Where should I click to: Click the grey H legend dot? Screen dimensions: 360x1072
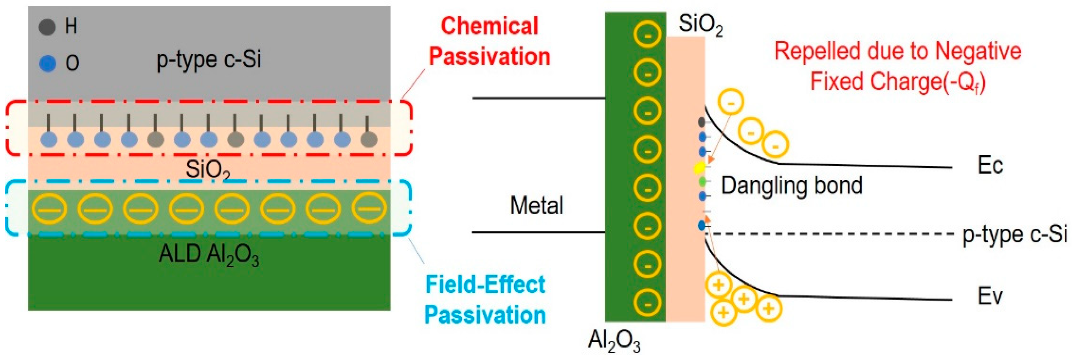coord(47,27)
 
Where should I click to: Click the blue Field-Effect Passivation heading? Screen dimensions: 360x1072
coord(485,300)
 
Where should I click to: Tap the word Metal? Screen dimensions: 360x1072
coord(536,206)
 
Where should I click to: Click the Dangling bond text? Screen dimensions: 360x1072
coord(792,186)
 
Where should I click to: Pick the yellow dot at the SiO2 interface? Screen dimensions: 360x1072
coord(699,168)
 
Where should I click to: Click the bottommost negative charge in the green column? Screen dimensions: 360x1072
coord(647,303)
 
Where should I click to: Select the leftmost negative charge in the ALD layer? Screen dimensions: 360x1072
coord(49,209)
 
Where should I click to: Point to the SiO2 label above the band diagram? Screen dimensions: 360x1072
coord(701,25)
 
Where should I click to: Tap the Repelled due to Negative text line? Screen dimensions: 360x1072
coord(898,51)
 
